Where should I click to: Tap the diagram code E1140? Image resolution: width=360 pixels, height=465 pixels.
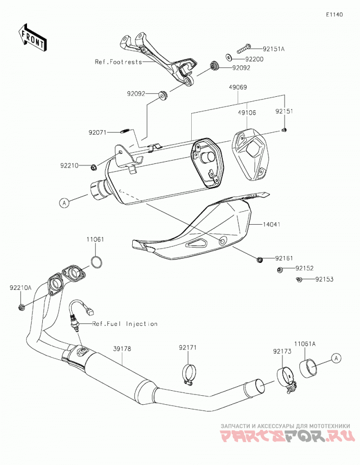pyautogui.click(x=334, y=14)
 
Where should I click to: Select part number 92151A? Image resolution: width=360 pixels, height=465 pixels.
pyautogui.click(x=274, y=49)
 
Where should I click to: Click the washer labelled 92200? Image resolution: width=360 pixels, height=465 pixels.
pyautogui.click(x=229, y=56)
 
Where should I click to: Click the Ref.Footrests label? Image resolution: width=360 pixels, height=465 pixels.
pyautogui.click(x=118, y=62)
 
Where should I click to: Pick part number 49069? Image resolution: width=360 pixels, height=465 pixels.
pyautogui.click(x=238, y=87)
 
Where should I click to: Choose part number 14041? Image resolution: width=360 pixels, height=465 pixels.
pyautogui.click(x=271, y=225)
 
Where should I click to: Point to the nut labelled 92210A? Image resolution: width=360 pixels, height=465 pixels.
pyautogui.click(x=21, y=307)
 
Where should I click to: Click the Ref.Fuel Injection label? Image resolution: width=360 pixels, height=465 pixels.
pyautogui.click(x=125, y=324)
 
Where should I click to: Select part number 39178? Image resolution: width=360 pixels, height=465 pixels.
pyautogui.click(x=122, y=349)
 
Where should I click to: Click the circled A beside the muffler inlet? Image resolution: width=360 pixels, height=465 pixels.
pyautogui.click(x=64, y=203)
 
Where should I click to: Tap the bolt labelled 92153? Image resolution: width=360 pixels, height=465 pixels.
pyautogui.click(x=299, y=280)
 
